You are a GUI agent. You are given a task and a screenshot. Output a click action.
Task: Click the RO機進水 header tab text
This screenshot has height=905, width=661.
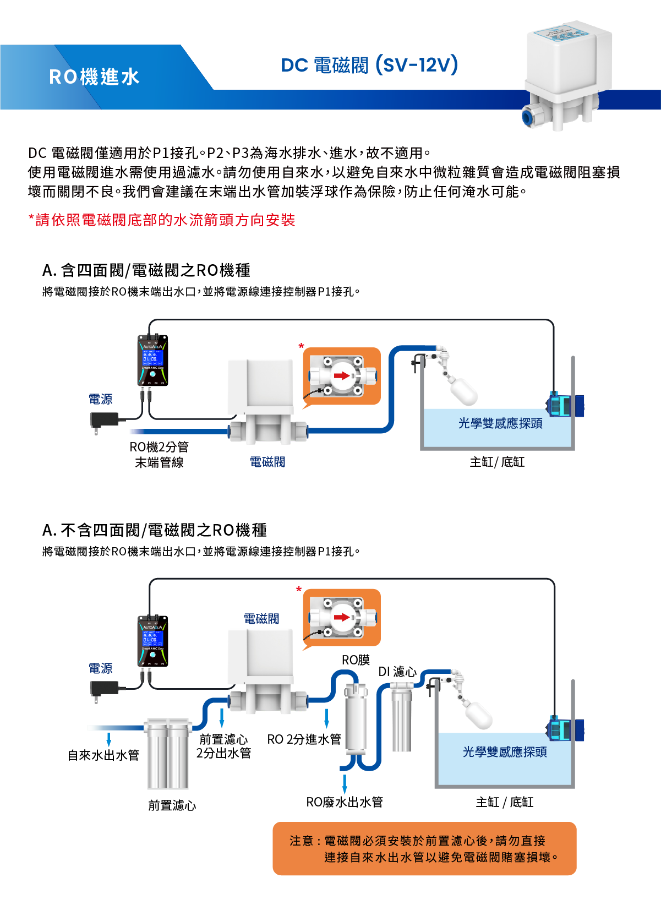tap(94, 77)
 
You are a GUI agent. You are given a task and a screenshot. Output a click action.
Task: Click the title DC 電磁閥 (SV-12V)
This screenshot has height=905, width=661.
tap(369, 65)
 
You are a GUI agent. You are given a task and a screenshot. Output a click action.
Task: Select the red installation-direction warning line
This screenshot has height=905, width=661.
tap(162, 220)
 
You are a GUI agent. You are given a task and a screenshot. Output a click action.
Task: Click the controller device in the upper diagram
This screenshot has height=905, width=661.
tap(152, 360)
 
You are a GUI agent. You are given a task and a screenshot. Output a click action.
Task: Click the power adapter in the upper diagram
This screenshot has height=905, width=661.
tap(105, 420)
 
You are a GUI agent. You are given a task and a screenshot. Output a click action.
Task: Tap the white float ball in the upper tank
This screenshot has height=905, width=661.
tap(464, 390)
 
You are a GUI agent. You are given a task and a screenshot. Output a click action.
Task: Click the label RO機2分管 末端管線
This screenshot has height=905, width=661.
tap(159, 455)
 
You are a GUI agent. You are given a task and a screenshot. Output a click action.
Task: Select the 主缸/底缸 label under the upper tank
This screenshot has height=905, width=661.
tap(497, 462)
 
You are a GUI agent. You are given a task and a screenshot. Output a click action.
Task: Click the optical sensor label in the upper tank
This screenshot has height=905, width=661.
tap(500, 423)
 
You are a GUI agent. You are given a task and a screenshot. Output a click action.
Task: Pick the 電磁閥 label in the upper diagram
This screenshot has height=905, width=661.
tap(267, 462)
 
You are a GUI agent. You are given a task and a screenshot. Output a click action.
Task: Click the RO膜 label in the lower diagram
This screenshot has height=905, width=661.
tap(356, 660)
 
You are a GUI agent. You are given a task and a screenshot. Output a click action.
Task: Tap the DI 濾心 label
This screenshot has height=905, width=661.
tap(397, 672)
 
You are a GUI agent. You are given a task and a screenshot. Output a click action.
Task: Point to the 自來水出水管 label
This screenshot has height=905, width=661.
tap(103, 755)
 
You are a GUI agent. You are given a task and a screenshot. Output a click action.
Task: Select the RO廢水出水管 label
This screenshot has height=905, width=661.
tap(345, 802)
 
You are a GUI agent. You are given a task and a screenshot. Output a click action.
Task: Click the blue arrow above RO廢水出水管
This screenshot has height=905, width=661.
tap(345, 783)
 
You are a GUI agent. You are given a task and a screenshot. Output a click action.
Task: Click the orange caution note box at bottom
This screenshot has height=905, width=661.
tap(424, 848)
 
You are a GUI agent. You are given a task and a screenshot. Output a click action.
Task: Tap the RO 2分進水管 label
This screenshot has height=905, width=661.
tap(304, 739)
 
